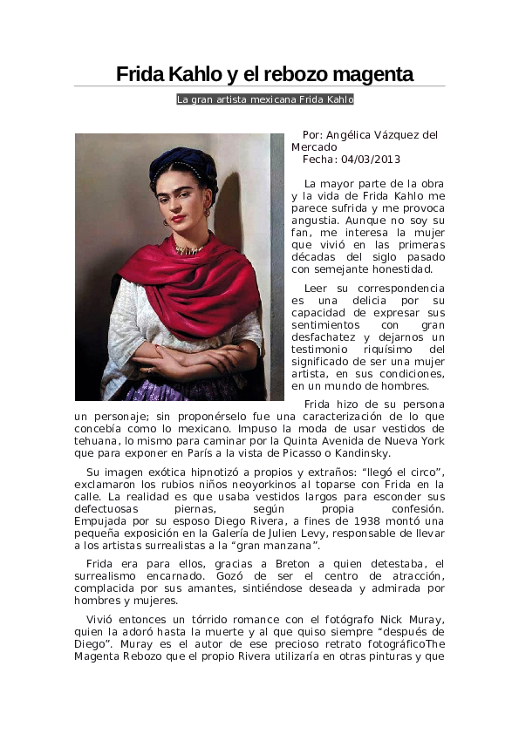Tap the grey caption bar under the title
point(264,100)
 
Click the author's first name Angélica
point(353,135)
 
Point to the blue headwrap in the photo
point(182,162)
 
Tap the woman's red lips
point(180,218)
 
